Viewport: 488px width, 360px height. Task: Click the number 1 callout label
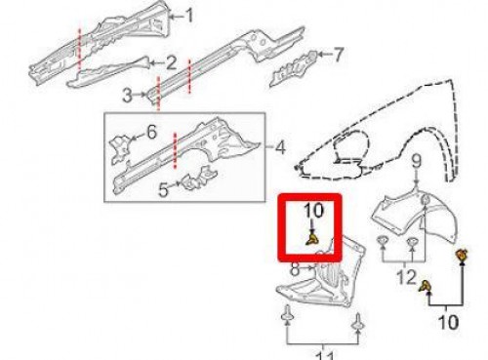coord(188,16)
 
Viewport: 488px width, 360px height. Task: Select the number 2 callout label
coord(171,63)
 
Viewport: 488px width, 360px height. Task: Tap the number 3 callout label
coord(127,96)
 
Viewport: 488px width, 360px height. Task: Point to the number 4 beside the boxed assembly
coord(280,147)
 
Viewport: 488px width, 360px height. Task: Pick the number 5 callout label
coord(164,189)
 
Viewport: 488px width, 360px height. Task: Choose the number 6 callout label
coord(151,132)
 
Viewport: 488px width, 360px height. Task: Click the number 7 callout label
coord(339,55)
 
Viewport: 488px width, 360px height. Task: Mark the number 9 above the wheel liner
coord(417,162)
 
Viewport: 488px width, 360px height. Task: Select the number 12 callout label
coord(406,277)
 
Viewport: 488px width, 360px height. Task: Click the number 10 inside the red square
coord(314,211)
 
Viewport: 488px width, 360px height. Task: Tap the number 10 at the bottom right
coord(448,322)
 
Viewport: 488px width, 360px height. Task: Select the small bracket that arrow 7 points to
coord(294,68)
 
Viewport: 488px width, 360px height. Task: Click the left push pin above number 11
coord(287,313)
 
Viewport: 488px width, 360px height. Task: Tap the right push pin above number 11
coord(358,321)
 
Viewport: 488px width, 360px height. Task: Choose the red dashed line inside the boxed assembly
coord(175,150)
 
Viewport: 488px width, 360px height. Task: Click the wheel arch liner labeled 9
coord(420,217)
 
